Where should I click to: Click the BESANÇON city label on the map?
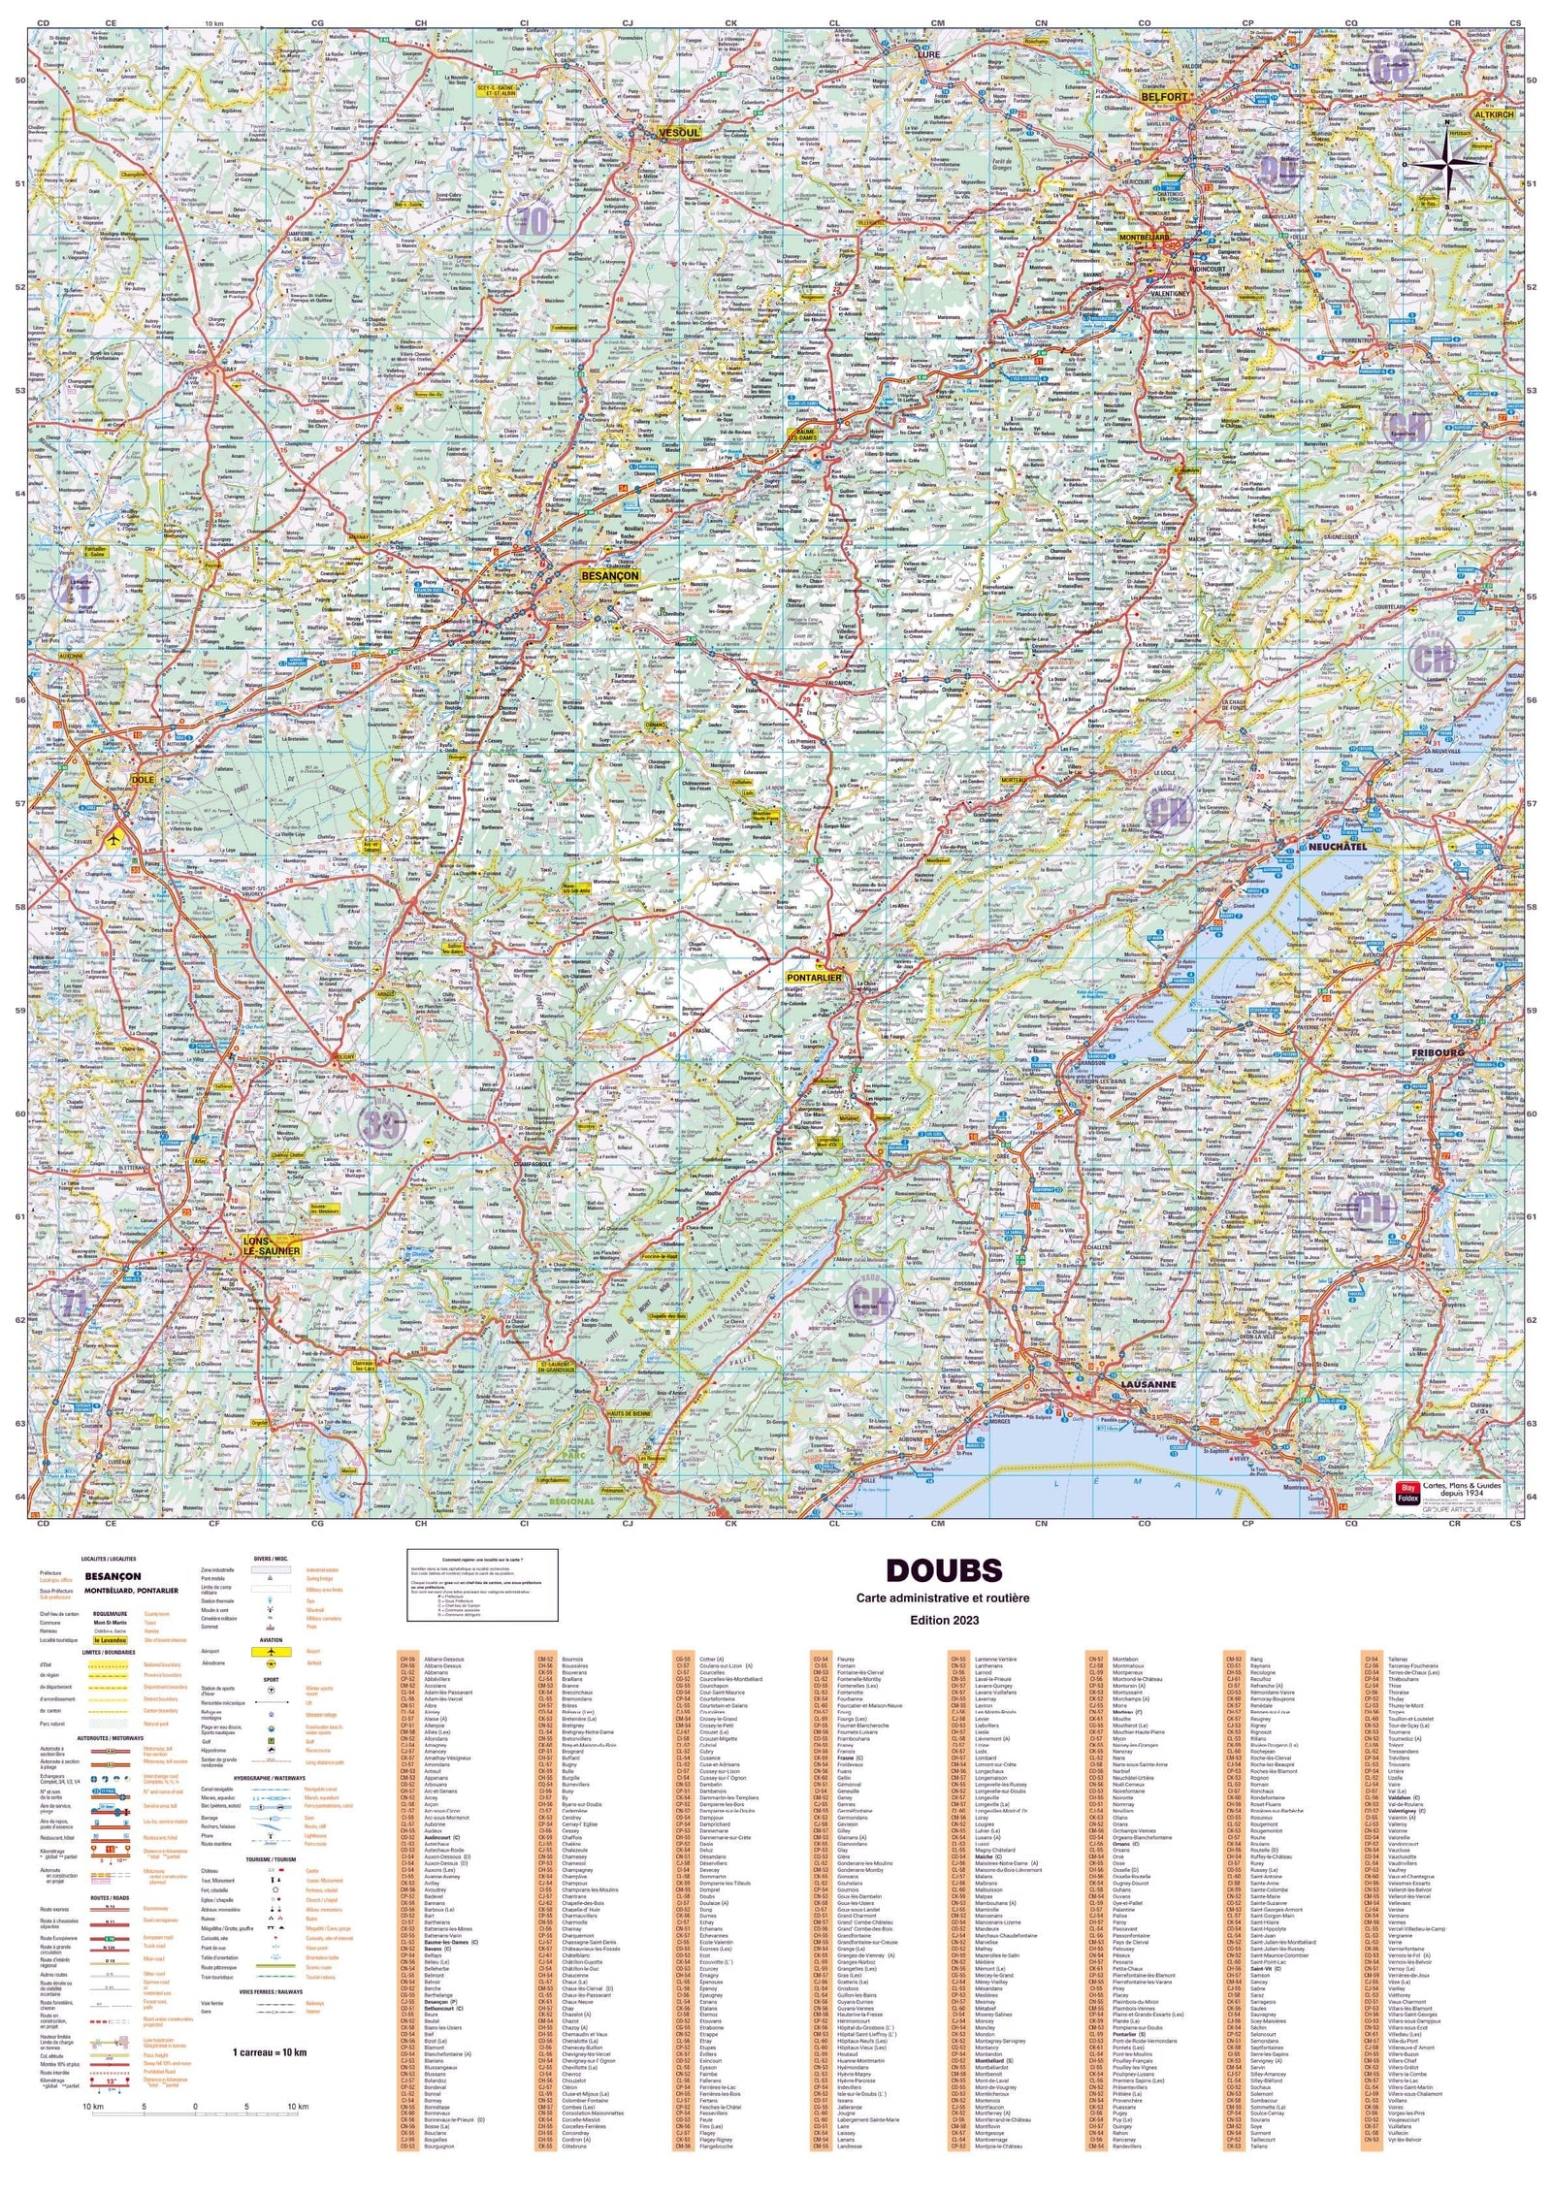609,576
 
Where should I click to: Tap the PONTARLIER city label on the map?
814,978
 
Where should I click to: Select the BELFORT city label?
1164,97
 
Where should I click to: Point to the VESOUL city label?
678,132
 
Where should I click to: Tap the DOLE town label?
143,779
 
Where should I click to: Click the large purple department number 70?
533,221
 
